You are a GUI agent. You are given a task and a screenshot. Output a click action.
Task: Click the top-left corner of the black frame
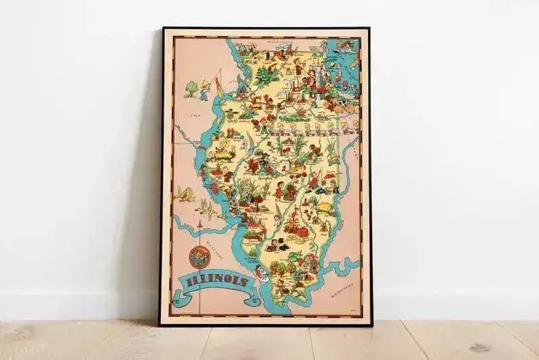[x=163, y=29]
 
